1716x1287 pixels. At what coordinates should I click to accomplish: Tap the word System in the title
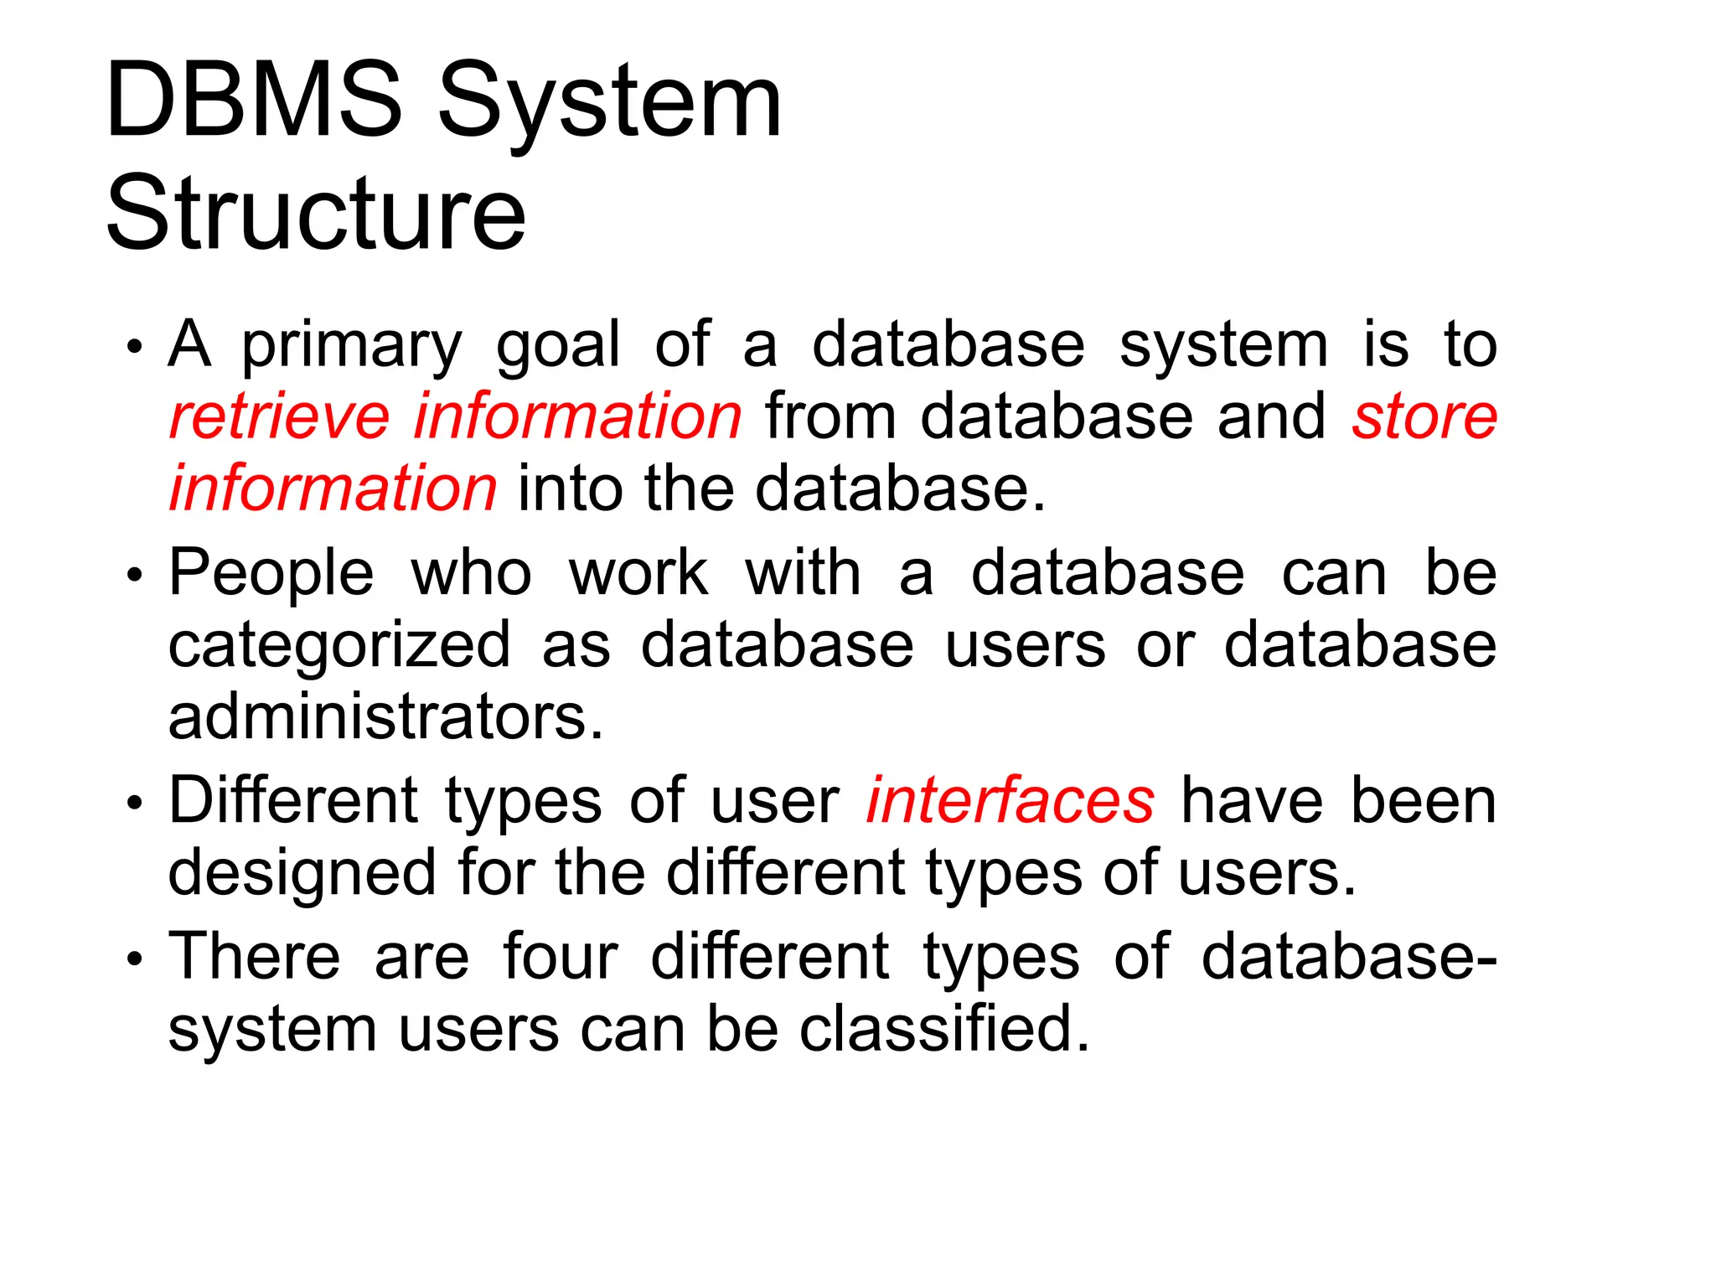[x=609, y=105]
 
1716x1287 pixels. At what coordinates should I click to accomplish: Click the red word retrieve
[x=279, y=416]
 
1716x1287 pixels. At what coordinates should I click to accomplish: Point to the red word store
[x=1424, y=416]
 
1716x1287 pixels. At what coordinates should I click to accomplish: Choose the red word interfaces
[x=1010, y=800]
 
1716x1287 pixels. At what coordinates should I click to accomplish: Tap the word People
[x=271, y=576]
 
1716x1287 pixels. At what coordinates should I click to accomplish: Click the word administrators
[x=385, y=718]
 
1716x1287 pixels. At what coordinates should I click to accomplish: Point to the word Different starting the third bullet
[x=292, y=800]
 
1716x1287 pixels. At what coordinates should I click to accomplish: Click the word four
[x=560, y=956]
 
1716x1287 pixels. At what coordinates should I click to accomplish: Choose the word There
[x=254, y=956]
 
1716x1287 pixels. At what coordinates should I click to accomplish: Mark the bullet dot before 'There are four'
[x=135, y=959]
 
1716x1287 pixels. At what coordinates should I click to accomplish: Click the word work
[x=638, y=574]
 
